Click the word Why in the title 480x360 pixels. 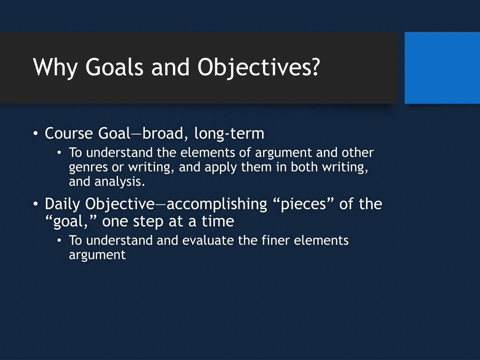[x=55, y=67]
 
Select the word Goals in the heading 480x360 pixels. [x=114, y=67]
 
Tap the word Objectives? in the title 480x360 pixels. [x=259, y=67]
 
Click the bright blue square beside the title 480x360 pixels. [x=442, y=67]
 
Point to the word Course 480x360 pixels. [x=69, y=134]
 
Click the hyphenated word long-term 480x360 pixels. [x=229, y=134]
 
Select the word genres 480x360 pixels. [x=88, y=168]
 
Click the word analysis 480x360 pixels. [x=120, y=182]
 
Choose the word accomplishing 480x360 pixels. [x=217, y=204]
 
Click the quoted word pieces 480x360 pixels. [x=303, y=204]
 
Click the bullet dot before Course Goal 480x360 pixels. [x=36, y=134]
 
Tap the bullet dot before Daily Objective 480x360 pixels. [x=36, y=204]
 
